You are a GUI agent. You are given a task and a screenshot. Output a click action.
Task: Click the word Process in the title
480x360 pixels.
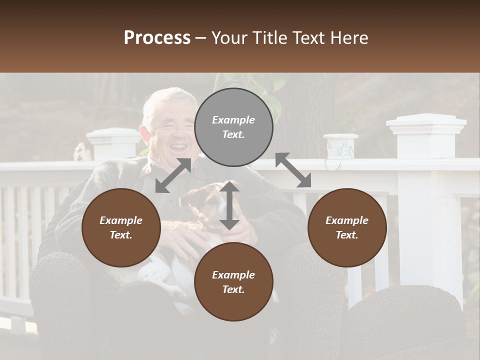(x=157, y=38)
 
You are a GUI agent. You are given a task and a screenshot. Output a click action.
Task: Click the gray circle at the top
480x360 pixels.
(x=233, y=127)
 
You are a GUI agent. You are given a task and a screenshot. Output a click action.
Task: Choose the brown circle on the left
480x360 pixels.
(x=121, y=227)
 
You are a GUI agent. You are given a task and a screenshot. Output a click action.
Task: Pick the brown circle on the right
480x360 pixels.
(x=347, y=227)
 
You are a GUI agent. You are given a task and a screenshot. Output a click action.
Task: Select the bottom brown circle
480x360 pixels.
(x=233, y=282)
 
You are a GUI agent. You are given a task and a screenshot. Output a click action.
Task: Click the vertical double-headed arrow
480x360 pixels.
(x=229, y=205)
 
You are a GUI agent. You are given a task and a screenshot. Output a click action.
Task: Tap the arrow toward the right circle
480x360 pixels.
(x=293, y=170)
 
